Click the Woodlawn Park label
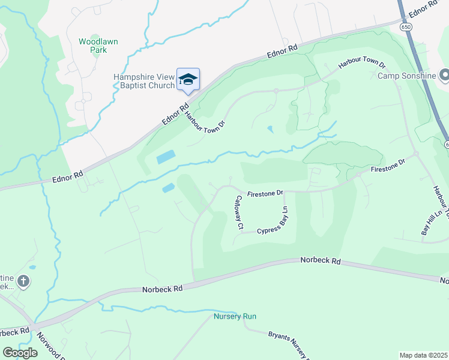[x=92, y=46]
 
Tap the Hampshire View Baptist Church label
[x=144, y=81]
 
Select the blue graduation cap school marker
[x=188, y=79]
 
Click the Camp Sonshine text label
[x=407, y=76]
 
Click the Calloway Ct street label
[x=239, y=212]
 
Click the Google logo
[x=20, y=353]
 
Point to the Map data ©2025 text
[x=423, y=355]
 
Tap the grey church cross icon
[x=23, y=280]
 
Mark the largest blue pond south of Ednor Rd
[x=166, y=158]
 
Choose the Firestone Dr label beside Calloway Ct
[x=264, y=193]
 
